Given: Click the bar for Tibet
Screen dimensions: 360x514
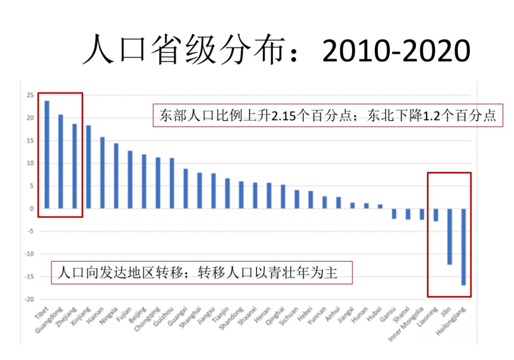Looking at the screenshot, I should click(46, 155).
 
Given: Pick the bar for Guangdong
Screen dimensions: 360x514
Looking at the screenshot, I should click(60, 161).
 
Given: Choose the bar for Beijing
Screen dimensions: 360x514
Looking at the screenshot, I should click(143, 181).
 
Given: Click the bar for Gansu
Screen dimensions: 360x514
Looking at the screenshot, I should click(394, 214).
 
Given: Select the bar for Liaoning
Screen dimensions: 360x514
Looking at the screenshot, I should click(435, 215).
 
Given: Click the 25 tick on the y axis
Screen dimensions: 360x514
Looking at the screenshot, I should click(29, 95).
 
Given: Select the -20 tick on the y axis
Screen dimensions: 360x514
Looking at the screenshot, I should click(29, 299).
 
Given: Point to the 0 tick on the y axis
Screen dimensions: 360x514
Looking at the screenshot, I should click(31, 209).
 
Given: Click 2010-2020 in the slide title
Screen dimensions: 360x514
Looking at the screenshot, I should click(395, 50).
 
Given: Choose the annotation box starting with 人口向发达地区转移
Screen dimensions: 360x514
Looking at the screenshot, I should click(200, 273).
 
